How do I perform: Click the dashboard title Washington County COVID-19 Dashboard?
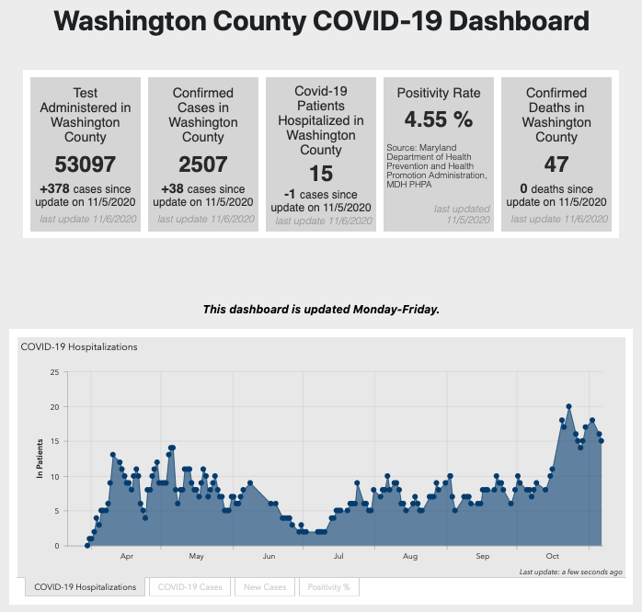[321, 21]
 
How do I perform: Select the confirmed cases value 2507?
[202, 165]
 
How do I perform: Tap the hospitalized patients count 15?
[321, 174]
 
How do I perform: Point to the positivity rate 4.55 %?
[438, 119]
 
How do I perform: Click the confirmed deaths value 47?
[556, 165]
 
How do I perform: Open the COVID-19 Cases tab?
[189, 586]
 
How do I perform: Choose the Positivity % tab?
[327, 586]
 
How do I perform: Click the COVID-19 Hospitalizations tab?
[85, 586]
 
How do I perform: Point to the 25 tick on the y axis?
[55, 372]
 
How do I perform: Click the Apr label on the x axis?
[127, 557]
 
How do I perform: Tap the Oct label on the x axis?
[553, 557]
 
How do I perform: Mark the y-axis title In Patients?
[40, 459]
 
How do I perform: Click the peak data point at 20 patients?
[569, 406]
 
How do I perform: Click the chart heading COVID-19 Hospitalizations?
[79, 347]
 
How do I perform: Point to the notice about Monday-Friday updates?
[321, 310]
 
